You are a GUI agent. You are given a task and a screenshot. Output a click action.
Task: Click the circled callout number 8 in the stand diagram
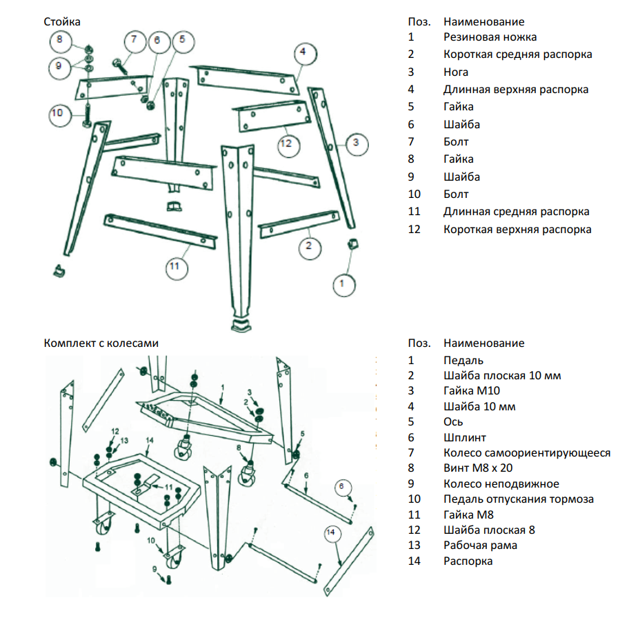click(59, 40)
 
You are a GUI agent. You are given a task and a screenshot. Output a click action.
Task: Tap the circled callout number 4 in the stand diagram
click(303, 52)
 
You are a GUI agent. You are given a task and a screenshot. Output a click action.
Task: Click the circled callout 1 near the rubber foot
click(343, 282)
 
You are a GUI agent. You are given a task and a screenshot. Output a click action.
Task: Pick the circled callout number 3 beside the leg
click(355, 143)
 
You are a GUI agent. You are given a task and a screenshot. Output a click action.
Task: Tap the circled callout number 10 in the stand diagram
click(58, 113)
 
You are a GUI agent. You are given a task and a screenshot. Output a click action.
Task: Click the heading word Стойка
click(61, 22)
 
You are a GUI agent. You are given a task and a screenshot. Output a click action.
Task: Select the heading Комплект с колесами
click(101, 343)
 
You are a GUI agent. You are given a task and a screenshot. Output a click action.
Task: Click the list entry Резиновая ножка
click(490, 37)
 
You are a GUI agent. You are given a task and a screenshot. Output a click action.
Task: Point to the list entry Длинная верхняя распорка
click(516, 90)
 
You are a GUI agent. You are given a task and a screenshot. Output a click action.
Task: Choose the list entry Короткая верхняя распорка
click(517, 230)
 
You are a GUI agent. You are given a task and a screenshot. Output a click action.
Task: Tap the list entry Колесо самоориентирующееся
click(527, 453)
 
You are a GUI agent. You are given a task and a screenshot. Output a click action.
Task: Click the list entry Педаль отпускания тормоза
click(519, 499)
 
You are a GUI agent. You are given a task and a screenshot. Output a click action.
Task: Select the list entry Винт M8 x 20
click(478, 468)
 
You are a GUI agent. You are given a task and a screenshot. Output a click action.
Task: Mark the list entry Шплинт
click(465, 437)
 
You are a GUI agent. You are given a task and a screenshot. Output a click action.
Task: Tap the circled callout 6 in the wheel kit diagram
click(343, 486)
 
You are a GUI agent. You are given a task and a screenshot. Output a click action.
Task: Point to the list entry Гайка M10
click(470, 391)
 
